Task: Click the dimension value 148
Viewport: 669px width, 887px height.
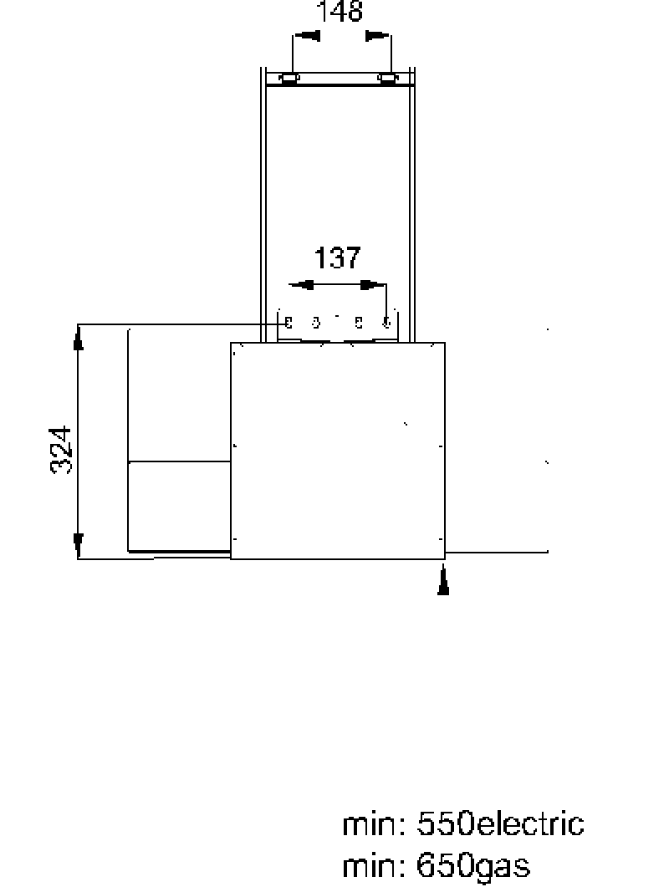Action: click(339, 11)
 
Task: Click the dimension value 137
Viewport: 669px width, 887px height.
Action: click(337, 258)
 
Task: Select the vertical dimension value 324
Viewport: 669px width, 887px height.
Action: click(61, 450)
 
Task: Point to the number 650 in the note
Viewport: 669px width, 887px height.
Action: click(445, 865)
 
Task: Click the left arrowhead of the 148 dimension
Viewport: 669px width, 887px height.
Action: click(307, 36)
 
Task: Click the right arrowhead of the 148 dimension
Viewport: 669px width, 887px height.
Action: click(377, 36)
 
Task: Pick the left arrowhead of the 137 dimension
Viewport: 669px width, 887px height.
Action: click(301, 284)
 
